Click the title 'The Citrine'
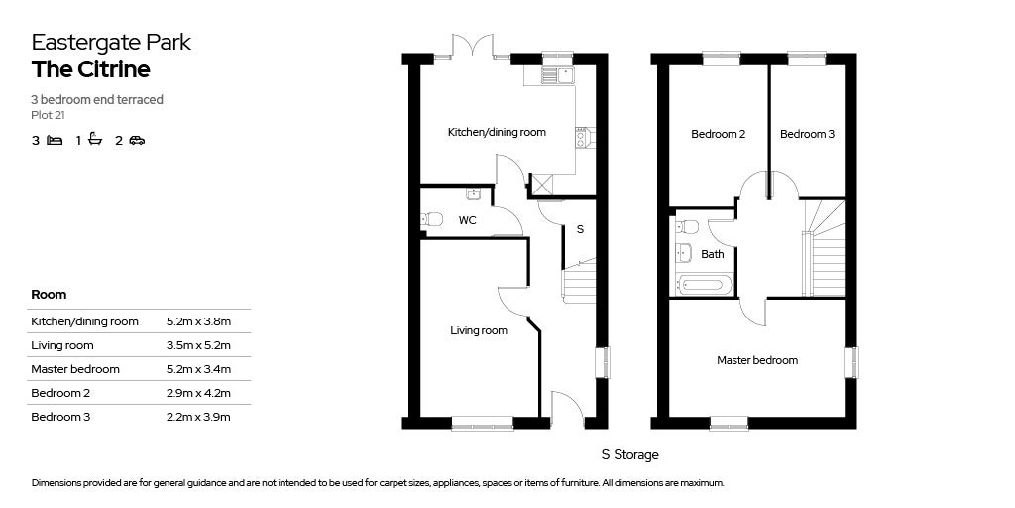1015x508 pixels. tap(90, 69)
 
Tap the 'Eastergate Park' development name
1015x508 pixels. tap(111, 42)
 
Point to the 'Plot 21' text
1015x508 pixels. tap(48, 115)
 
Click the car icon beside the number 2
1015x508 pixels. tap(137, 140)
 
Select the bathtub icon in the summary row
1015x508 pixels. tap(95, 140)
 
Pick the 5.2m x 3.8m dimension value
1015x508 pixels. tap(198, 321)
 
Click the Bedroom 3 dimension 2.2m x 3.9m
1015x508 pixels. tap(198, 417)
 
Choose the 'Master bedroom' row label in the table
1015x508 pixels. tap(75, 369)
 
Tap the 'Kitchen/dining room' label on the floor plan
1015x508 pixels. tap(497, 132)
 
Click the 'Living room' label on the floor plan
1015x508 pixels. tap(479, 330)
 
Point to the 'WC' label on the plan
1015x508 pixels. tap(467, 220)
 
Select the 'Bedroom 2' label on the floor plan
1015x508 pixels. tap(719, 134)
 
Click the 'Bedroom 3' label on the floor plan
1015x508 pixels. tap(807, 134)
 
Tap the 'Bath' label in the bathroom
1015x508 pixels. tap(713, 254)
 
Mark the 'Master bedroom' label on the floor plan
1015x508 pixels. tap(757, 360)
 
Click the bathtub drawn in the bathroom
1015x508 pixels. tap(705, 285)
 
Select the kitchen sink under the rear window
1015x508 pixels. tap(558, 74)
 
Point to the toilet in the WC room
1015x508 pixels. tap(431, 219)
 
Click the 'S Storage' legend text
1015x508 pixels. tap(629, 455)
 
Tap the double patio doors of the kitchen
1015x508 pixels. tap(472, 47)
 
